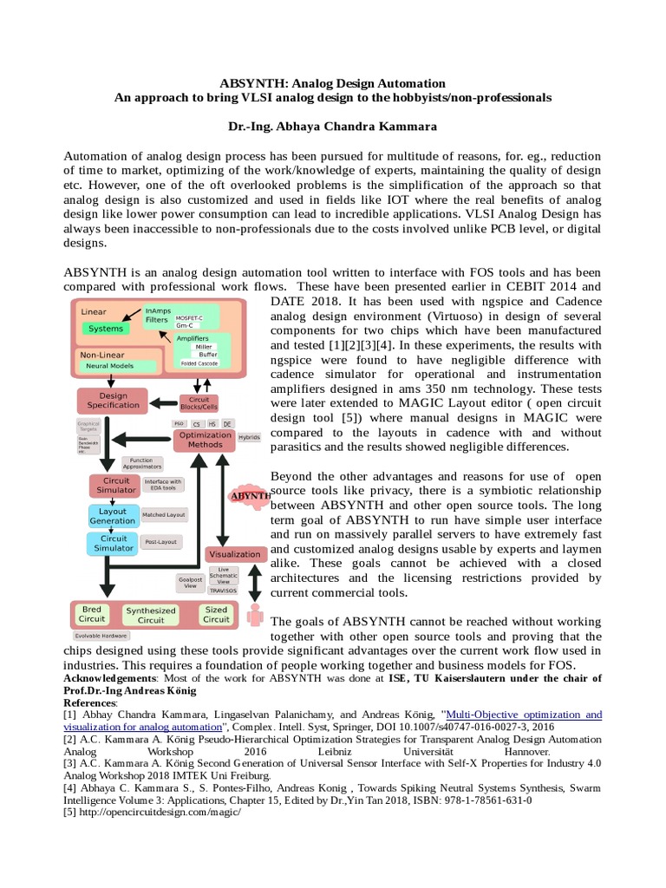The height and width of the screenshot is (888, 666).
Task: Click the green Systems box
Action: tap(106, 329)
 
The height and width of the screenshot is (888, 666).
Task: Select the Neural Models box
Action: tap(108, 367)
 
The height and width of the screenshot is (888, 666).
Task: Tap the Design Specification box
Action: tap(113, 401)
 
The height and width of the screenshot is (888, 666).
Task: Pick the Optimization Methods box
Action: tap(206, 440)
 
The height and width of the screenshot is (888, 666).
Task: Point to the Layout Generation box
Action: tap(112, 516)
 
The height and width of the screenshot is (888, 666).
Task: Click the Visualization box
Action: tap(234, 553)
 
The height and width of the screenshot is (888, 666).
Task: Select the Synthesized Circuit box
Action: tap(151, 615)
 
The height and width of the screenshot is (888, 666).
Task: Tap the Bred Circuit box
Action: tap(92, 614)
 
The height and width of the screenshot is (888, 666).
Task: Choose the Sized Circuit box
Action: tap(216, 614)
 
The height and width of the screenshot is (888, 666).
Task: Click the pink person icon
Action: tap(255, 614)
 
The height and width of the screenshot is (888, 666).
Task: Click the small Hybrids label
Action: tap(249, 438)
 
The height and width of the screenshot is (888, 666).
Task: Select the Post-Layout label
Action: tap(162, 543)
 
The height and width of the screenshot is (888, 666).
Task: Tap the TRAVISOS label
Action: tap(223, 590)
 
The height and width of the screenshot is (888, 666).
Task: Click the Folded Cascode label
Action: tap(200, 364)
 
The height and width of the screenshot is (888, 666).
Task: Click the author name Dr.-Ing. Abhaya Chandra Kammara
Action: tap(333, 127)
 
